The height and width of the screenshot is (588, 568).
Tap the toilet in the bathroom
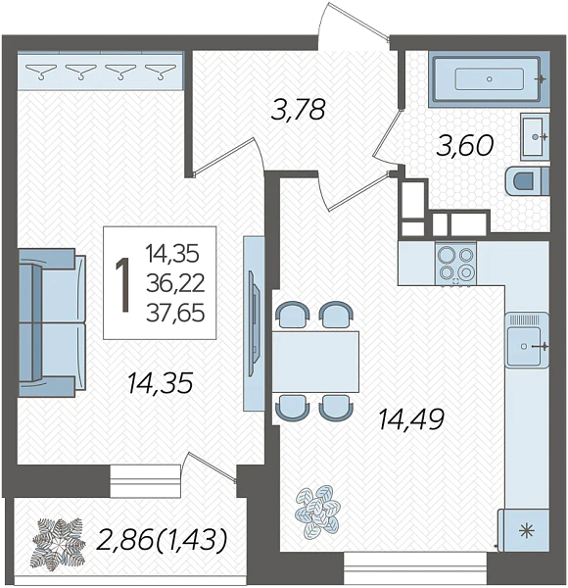coord(527,181)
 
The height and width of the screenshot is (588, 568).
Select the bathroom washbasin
coord(535,137)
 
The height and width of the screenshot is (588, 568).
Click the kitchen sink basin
coord(527,346)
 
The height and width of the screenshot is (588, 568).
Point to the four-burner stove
coord(455,264)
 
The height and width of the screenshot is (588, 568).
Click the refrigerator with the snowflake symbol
coord(525,530)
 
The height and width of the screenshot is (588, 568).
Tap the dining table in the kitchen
coord(315,362)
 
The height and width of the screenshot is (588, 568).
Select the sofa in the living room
coord(52,322)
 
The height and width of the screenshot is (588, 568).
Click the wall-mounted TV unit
coord(254,323)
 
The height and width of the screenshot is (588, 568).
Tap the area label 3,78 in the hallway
coord(299,110)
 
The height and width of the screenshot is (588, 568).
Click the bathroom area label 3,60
coord(464,145)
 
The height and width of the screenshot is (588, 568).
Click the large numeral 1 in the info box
coord(122,285)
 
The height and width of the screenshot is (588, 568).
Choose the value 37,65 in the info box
coord(175,313)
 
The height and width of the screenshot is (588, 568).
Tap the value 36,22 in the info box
coord(175,283)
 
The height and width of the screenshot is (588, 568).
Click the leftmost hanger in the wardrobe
coord(40,72)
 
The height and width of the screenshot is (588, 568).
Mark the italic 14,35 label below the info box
coord(160,383)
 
